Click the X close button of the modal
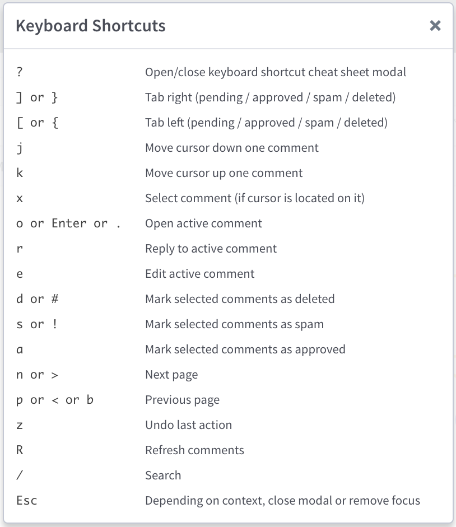click(435, 26)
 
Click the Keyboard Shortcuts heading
click(91, 26)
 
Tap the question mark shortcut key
click(20, 72)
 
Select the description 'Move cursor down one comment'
click(232, 148)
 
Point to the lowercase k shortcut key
click(20, 172)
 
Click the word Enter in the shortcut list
click(69, 223)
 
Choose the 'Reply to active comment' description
click(211, 249)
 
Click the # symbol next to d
click(55, 299)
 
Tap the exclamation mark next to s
click(55, 324)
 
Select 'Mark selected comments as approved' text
click(245, 349)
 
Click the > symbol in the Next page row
click(55, 375)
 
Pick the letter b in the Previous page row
click(90, 400)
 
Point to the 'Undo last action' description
click(189, 425)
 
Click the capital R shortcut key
click(20, 450)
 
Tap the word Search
click(163, 475)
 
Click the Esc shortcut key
click(26, 501)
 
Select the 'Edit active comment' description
click(200, 274)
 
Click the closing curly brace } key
click(55, 97)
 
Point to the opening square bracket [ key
click(20, 123)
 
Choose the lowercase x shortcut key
click(20, 198)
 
